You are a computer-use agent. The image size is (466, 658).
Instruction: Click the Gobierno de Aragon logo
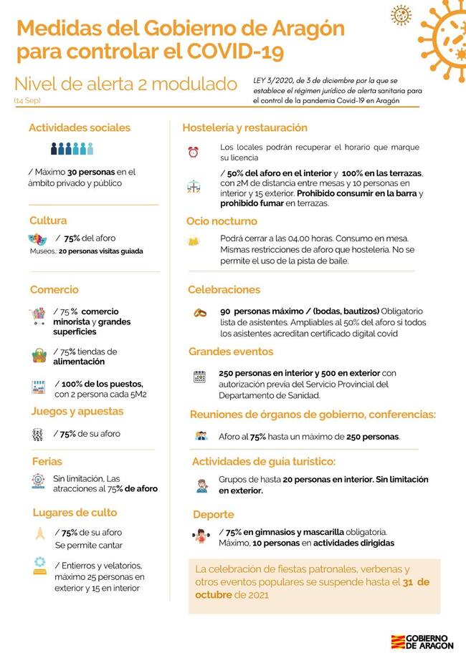click(x=422, y=641)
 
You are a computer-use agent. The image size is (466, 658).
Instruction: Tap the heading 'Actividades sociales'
click(x=80, y=128)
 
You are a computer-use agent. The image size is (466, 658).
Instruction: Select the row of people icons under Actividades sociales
click(x=72, y=149)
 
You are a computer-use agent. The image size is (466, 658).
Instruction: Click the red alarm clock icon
click(x=193, y=152)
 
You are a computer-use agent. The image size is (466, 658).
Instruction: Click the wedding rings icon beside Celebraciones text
click(x=200, y=313)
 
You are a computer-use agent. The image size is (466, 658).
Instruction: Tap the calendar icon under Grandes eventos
click(x=200, y=377)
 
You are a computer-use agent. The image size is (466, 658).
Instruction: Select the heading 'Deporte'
click(x=213, y=514)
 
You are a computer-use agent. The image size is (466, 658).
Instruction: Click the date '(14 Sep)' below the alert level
click(x=27, y=101)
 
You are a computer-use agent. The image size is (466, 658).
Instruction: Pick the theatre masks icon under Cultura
click(x=37, y=238)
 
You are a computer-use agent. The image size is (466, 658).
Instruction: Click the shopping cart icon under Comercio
click(x=37, y=316)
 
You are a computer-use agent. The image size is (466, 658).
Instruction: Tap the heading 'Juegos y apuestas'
click(x=77, y=412)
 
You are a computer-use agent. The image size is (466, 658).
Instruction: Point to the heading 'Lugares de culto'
click(x=75, y=513)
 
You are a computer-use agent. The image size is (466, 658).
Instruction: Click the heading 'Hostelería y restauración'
click(x=244, y=128)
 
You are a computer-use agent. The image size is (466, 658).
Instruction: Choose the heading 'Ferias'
click(x=47, y=461)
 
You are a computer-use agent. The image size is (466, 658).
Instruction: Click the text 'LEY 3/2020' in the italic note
click(x=272, y=80)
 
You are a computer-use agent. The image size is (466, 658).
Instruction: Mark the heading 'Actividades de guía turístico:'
click(x=263, y=461)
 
